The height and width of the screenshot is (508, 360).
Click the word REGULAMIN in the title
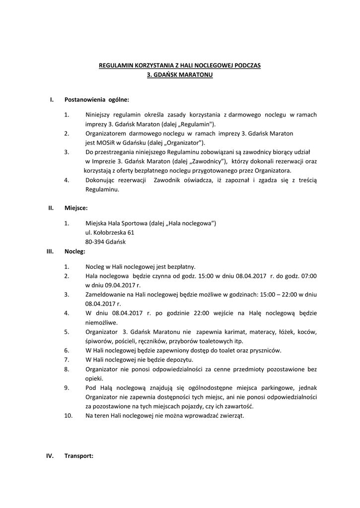(113, 65)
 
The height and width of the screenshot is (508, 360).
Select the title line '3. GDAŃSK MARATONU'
(180, 74)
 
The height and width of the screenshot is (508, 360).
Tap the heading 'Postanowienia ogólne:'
(97, 100)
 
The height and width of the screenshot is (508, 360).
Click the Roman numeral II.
(51, 208)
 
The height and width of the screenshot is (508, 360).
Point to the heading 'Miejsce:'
(76, 208)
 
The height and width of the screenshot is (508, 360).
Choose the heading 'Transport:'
(79, 456)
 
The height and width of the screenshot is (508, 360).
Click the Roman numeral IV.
(50, 456)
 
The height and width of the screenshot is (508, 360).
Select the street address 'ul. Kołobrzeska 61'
(110, 232)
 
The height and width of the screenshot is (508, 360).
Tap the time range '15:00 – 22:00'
(278, 294)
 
